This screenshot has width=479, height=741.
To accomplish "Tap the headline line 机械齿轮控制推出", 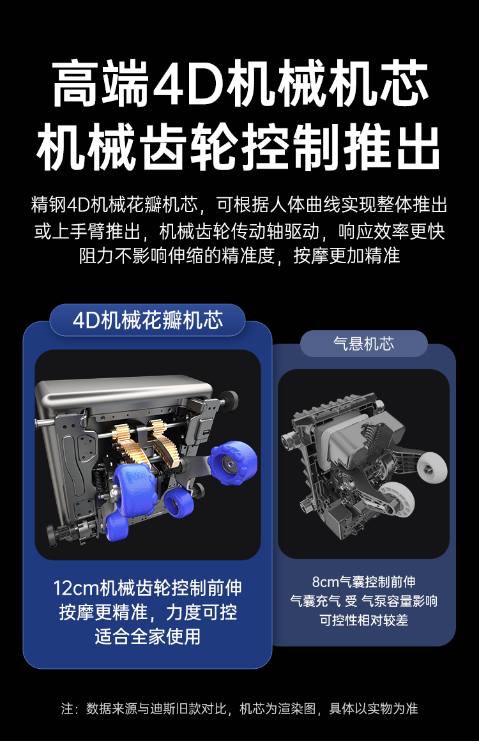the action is pyautogui.click(x=239, y=146).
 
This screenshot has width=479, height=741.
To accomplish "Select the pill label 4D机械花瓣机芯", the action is pyautogui.click(x=148, y=321).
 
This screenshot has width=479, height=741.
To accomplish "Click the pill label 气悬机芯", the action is pyautogui.click(x=364, y=344).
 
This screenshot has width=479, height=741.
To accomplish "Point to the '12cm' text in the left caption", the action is pyautogui.click(x=75, y=588).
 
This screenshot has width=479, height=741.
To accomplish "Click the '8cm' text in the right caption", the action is pyautogui.click(x=326, y=582).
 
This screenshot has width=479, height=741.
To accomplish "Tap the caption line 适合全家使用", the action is pyautogui.click(x=148, y=636).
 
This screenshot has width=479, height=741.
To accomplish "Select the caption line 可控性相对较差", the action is pyautogui.click(x=364, y=620).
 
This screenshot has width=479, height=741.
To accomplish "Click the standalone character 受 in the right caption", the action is pyautogui.click(x=351, y=601).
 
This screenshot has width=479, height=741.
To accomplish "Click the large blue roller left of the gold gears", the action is pyautogui.click(x=134, y=487).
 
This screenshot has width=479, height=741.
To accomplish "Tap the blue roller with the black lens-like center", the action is pyautogui.click(x=233, y=463).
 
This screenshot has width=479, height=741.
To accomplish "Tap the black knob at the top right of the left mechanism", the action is pyautogui.click(x=230, y=401).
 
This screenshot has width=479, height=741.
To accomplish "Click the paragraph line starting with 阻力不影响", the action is pyautogui.click(x=240, y=256).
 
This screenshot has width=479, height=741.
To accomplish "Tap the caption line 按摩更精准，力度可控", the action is pyautogui.click(x=148, y=612).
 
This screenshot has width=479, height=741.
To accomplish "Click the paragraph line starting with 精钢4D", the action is pyautogui.click(x=239, y=205).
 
